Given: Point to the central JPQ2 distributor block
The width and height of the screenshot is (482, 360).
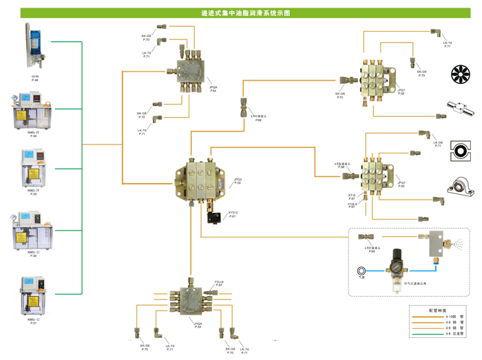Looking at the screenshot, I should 204,176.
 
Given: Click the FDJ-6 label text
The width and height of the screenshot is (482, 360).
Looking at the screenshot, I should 219,281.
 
